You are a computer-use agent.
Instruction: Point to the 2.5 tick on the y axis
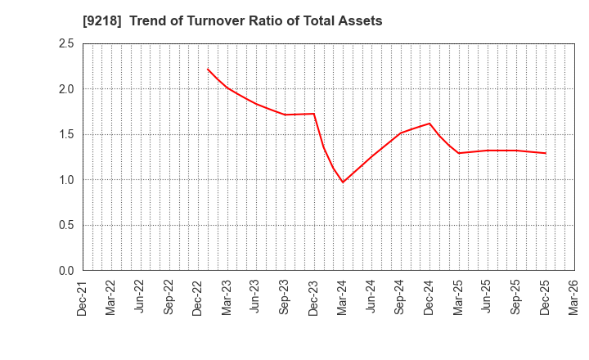click(x=65, y=43)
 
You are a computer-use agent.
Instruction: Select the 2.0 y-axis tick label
click(x=65, y=89)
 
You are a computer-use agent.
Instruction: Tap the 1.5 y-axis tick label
click(x=65, y=134)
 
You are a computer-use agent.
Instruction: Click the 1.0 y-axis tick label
click(x=65, y=180)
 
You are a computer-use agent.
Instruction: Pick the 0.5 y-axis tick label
click(x=65, y=225)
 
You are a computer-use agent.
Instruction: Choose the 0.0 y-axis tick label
click(x=65, y=271)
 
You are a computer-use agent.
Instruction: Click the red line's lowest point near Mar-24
click(x=343, y=182)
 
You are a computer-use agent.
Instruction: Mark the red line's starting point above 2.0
click(x=208, y=69)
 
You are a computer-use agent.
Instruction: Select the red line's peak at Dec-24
click(x=429, y=124)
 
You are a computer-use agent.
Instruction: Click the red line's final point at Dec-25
click(x=545, y=153)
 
